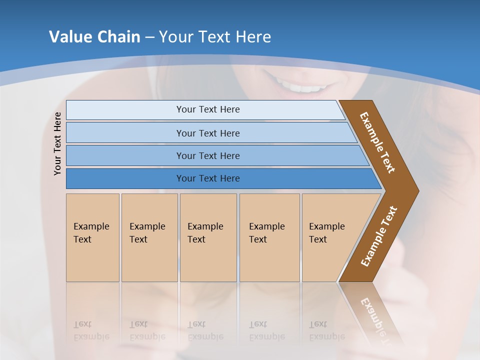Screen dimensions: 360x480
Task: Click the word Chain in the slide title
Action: (118, 37)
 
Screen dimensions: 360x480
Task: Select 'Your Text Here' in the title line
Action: (215, 37)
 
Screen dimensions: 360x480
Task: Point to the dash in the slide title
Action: (149, 37)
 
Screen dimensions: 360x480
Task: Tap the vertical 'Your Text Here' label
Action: (57, 143)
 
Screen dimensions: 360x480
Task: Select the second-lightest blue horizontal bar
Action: (207, 133)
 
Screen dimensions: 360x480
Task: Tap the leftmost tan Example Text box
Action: (92, 237)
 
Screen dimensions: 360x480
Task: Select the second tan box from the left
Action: (149, 237)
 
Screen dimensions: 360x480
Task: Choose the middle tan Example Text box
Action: (208, 237)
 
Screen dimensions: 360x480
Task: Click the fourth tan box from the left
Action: (269, 237)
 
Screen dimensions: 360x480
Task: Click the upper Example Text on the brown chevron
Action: (377, 142)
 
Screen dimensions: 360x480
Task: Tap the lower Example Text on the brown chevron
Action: (379, 236)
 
